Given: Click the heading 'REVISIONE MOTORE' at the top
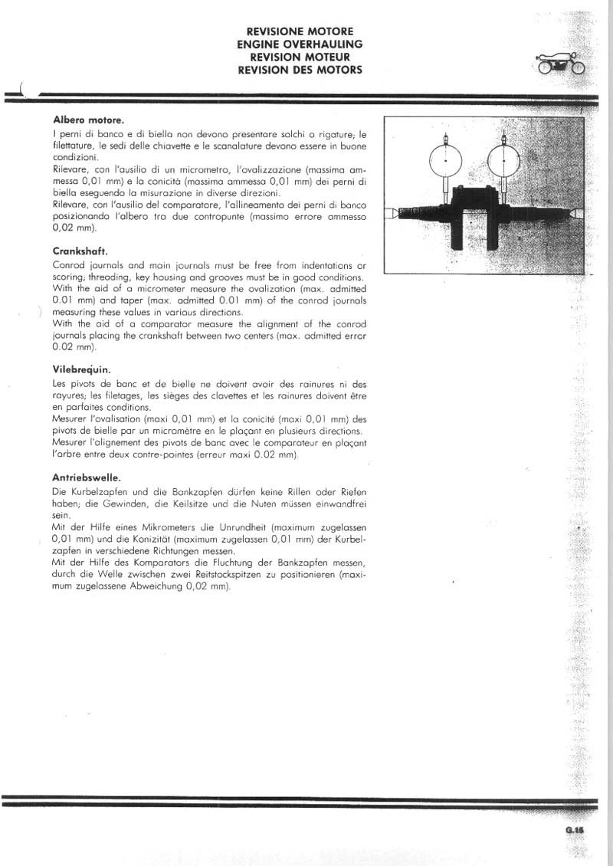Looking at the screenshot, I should (x=300, y=31).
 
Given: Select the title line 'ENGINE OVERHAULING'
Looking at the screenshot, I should (x=300, y=44).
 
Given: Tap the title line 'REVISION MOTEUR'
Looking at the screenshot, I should (x=300, y=57).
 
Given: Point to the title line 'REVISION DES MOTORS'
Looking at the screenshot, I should (x=300, y=70).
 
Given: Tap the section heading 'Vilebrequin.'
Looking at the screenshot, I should (x=82, y=368).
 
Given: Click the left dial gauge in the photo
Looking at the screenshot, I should (x=445, y=160).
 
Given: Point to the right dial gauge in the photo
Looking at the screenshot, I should (x=503, y=160).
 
